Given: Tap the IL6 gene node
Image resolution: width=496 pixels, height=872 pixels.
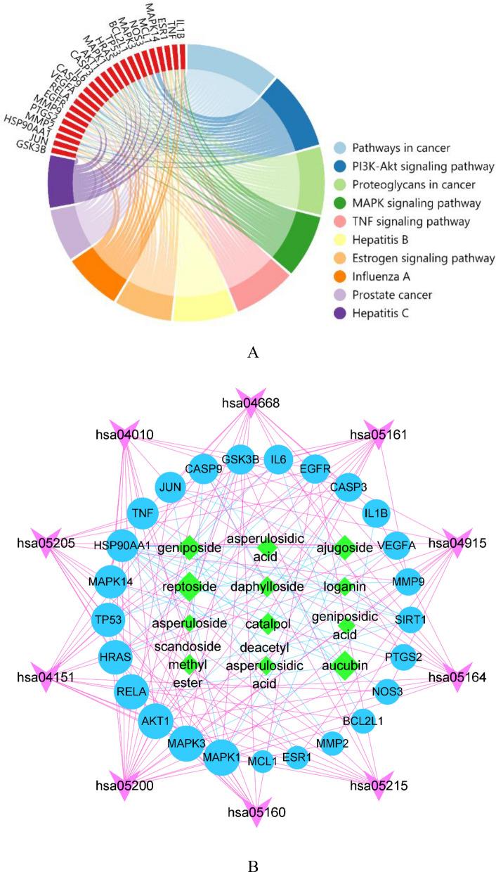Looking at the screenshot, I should (x=278, y=460).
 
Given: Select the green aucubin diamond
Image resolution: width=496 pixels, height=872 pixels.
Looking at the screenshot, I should (x=344, y=665).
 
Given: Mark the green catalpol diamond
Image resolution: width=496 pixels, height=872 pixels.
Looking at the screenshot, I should (x=266, y=623).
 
